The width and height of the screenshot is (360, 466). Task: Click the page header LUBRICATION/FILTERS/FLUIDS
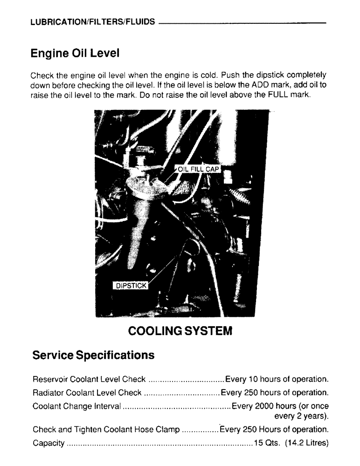93,22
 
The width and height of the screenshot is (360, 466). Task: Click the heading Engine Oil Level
75,54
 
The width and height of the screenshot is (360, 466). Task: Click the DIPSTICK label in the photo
131,286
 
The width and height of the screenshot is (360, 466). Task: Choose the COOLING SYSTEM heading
180,332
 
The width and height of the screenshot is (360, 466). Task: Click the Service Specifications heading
93,356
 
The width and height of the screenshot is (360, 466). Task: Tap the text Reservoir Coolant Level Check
89,378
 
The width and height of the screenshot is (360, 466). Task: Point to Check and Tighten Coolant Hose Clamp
106,429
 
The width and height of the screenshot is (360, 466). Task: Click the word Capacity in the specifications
48,442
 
